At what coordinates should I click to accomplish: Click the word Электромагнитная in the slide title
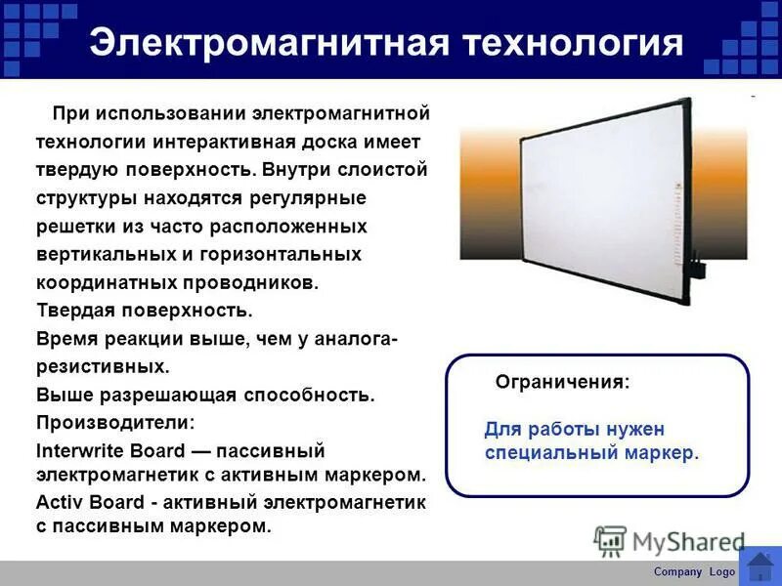pos(266,44)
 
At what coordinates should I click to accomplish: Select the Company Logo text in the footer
pos(694,571)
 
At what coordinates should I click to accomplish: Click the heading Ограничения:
pos(562,382)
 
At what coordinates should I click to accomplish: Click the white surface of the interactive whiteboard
pos(586,200)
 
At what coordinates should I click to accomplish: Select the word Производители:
pos(115,423)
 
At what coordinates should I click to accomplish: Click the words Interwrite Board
pos(110,451)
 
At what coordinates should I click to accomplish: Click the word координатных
pos(107,282)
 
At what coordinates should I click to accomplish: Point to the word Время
pos(70,339)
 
